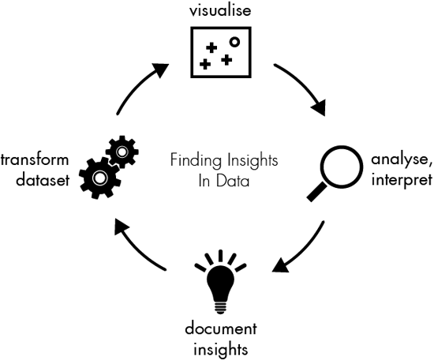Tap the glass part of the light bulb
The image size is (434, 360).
[219, 279]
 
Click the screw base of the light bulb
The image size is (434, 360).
[219, 306]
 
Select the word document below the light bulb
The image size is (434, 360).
[219, 328]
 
